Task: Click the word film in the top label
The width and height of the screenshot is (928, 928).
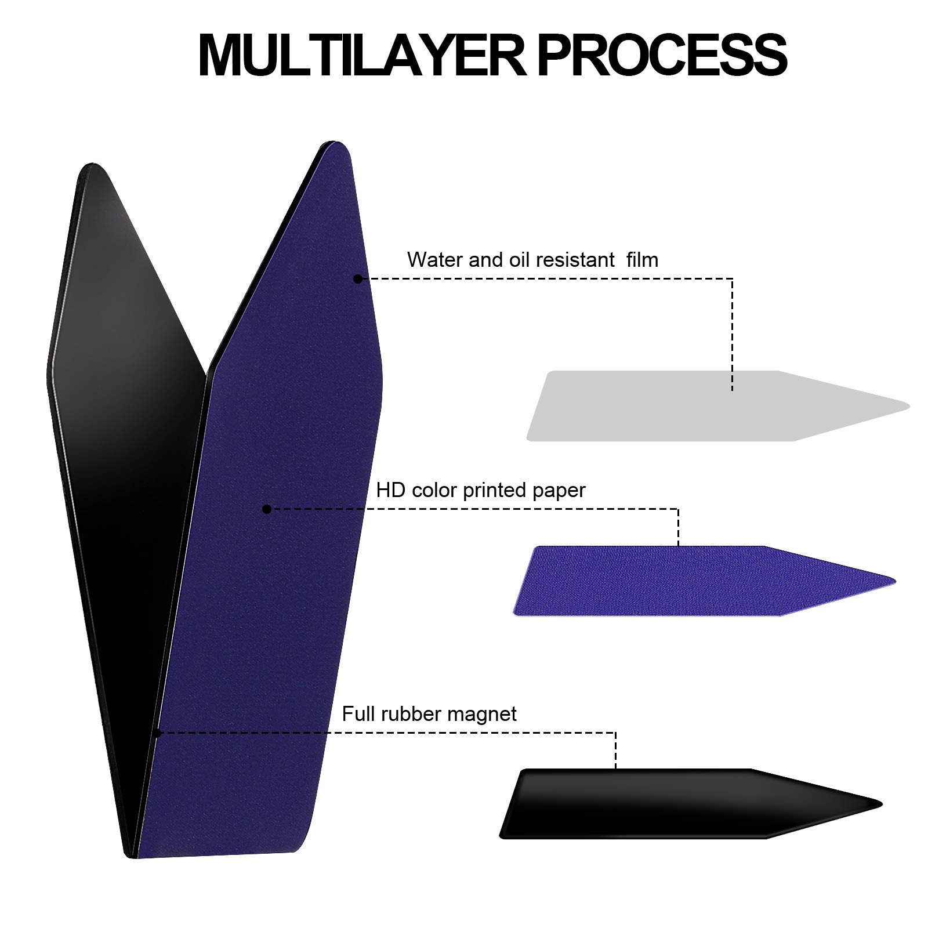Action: point(643,259)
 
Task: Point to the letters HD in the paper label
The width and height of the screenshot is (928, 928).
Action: point(390,490)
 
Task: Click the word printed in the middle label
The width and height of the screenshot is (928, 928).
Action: point(494,491)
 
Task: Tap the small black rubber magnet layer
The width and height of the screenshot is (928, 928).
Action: point(690,804)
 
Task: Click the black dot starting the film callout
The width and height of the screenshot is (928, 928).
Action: point(358,279)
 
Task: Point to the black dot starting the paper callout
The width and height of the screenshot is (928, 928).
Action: point(267,509)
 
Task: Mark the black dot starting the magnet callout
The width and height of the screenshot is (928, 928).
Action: point(157,733)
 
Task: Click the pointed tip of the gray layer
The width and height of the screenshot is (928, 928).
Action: point(909,405)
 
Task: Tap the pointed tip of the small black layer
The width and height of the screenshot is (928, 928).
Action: point(882,804)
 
